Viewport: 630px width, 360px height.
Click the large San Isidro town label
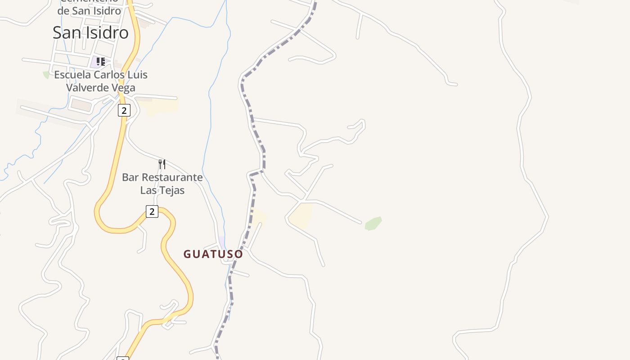(x=90, y=32)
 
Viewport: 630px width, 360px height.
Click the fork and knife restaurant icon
(x=162, y=164)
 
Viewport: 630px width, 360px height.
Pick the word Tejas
(x=171, y=190)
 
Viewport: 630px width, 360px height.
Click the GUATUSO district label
(x=213, y=254)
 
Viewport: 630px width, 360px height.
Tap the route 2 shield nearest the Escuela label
(x=124, y=110)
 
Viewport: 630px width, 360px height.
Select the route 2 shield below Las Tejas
(x=152, y=211)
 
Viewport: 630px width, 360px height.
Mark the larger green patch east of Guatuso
(x=373, y=223)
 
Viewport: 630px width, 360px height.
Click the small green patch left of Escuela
(x=46, y=75)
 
